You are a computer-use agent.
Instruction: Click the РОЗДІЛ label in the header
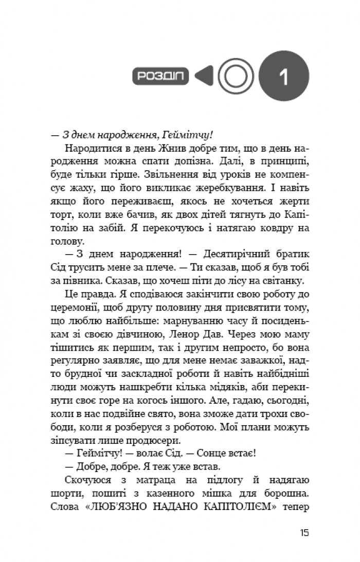coord(160,77)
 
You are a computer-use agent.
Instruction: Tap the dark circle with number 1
coord(284,77)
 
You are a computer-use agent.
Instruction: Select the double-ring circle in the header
coord(236,77)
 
